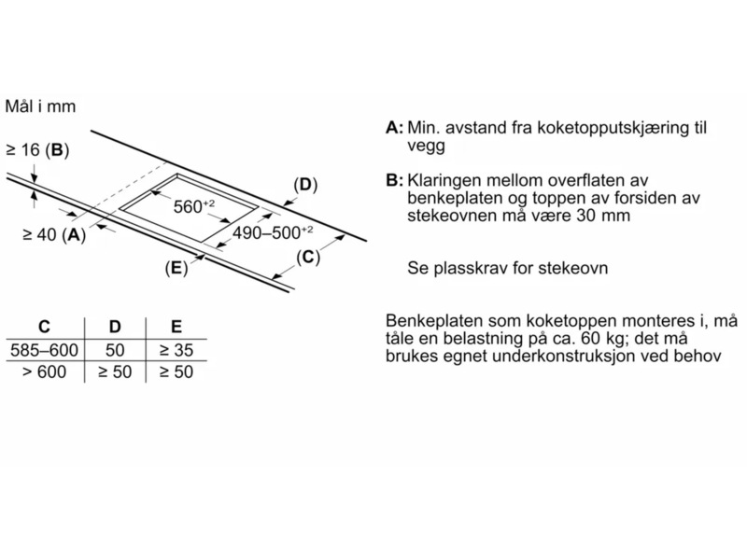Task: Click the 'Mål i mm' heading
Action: pyautogui.click(x=40, y=107)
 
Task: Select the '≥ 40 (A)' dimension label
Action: pyautogui.click(x=54, y=235)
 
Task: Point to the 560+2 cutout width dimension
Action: pyautogui.click(x=194, y=206)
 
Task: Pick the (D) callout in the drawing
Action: pyautogui.click(x=305, y=185)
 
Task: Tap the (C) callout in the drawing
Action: pyautogui.click(x=308, y=258)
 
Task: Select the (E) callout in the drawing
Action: pyautogui.click(x=176, y=269)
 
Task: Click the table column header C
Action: pyautogui.click(x=43, y=327)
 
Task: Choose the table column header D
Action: pyautogui.click(x=116, y=327)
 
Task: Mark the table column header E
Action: pyautogui.click(x=176, y=327)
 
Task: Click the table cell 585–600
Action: pyautogui.click(x=44, y=350)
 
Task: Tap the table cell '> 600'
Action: pyautogui.click(x=44, y=371)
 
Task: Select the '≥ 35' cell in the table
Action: pyautogui.click(x=176, y=350)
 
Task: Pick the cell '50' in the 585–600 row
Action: pyautogui.click(x=116, y=350)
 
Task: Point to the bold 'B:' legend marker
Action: pyautogui.click(x=394, y=180)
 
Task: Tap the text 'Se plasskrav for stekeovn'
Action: pyautogui.click(x=508, y=268)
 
